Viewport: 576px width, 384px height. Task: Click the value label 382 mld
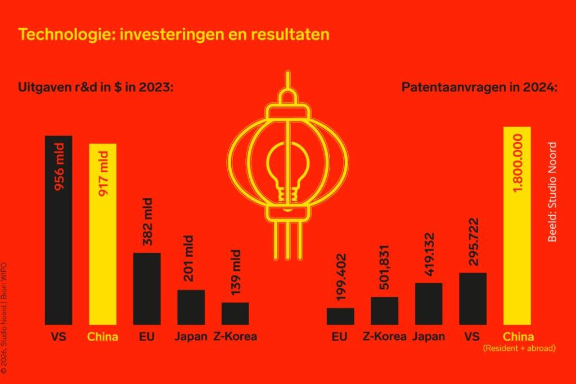click(x=147, y=222)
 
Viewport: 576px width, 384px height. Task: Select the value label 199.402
click(x=340, y=278)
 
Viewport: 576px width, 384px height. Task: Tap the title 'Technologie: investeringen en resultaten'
click(x=173, y=34)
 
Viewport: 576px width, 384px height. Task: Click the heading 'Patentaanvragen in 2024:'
click(x=479, y=88)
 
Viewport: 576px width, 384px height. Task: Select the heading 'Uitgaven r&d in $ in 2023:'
click(x=95, y=88)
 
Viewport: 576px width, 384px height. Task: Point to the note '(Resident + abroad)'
click(x=519, y=349)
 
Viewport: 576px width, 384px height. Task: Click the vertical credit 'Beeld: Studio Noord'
click(x=552, y=192)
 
